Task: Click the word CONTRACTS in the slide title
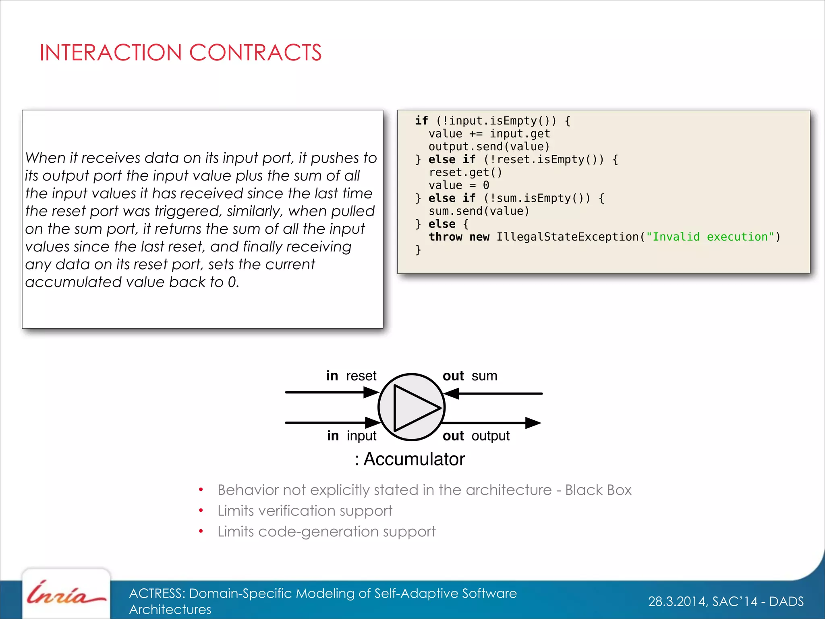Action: (x=255, y=53)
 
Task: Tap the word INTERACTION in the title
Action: (x=111, y=53)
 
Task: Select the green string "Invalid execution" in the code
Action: (x=710, y=237)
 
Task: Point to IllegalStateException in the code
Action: (x=568, y=237)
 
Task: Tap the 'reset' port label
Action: (x=361, y=376)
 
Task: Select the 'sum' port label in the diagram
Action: (x=484, y=376)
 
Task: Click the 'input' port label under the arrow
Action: (x=361, y=436)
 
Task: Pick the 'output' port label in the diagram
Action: (x=490, y=436)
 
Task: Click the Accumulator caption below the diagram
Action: (x=414, y=459)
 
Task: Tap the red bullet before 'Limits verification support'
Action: (x=201, y=511)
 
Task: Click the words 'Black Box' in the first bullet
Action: (x=598, y=490)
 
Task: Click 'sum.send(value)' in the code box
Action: (x=479, y=211)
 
